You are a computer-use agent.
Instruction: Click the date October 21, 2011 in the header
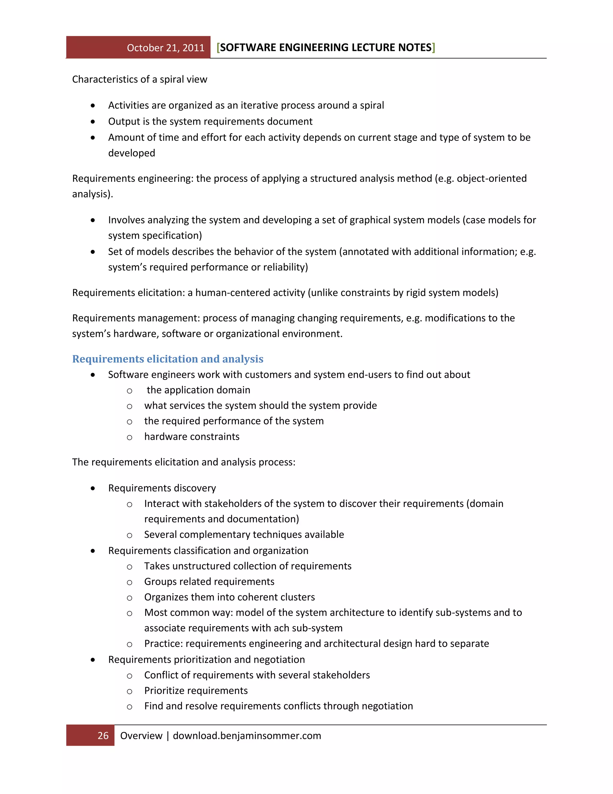pyautogui.click(x=166, y=48)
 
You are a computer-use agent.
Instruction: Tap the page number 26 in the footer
pyautogui.click(x=103, y=736)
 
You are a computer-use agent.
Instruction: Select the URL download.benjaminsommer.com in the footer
pyautogui.click(x=247, y=736)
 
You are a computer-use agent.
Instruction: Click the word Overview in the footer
pyautogui.click(x=141, y=736)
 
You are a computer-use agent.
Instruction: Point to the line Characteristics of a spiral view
pyautogui.click(x=139, y=79)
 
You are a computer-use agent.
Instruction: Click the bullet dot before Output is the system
pyautogui.click(x=93, y=121)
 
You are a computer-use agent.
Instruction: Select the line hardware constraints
pyautogui.click(x=192, y=436)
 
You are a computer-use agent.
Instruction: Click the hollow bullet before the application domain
pyautogui.click(x=129, y=391)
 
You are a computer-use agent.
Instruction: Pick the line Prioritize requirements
pyautogui.click(x=196, y=690)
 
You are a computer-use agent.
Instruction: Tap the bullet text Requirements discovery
pyautogui.click(x=162, y=488)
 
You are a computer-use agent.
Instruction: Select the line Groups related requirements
pyautogui.click(x=209, y=581)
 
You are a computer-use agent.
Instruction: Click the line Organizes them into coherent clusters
pyautogui.click(x=229, y=597)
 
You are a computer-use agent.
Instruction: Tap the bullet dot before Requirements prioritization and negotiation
pyautogui.click(x=93, y=659)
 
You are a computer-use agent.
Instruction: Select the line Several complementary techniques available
pyautogui.click(x=244, y=535)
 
